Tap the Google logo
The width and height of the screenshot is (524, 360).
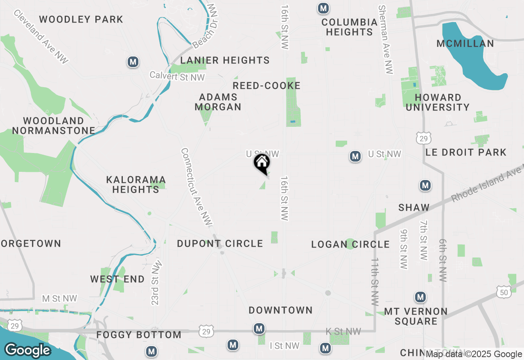tap(28, 350)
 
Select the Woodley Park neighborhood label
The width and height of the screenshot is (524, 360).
tap(81, 19)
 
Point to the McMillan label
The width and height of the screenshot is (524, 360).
tap(465, 43)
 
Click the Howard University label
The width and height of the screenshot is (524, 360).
tap(438, 102)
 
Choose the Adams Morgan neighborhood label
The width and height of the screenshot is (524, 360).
tap(218, 102)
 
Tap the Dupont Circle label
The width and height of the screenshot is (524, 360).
tap(220, 243)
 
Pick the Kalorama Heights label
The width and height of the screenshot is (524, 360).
tap(136, 184)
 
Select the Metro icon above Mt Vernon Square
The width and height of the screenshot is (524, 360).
tap(420, 297)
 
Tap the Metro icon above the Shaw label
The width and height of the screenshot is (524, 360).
tap(425, 186)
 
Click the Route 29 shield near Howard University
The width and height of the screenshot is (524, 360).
tap(423, 138)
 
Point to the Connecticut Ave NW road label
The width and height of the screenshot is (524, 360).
tap(197, 187)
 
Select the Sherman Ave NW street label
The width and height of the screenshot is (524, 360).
tap(386, 40)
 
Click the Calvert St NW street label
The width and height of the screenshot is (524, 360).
tap(177, 76)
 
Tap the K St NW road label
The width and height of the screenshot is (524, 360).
tap(343, 331)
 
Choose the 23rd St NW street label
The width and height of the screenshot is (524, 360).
tap(157, 283)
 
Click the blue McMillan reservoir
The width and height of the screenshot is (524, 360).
tap(471, 61)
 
